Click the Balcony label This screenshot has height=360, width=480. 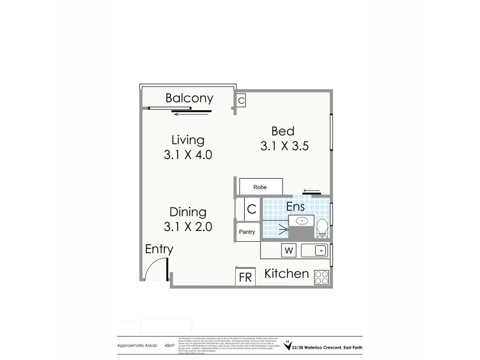189,98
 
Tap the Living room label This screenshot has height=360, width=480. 188,140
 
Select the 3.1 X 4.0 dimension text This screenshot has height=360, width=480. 188,154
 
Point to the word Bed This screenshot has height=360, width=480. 283,131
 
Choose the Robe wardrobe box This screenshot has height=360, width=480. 260,187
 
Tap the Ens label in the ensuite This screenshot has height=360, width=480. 295,207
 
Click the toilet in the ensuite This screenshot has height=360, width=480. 322,227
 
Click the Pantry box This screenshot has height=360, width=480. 247,232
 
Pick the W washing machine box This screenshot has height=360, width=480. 288,250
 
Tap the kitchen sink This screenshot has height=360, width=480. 317,250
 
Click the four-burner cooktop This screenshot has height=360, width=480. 321,277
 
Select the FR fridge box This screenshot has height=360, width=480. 245,277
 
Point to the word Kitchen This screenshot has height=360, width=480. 287,274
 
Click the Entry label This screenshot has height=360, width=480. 159,249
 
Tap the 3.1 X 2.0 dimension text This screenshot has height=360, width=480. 188,227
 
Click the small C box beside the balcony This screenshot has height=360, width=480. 241,101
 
